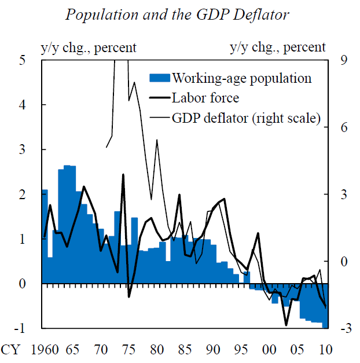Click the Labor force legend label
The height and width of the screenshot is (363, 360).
pyautogui.click(x=205, y=98)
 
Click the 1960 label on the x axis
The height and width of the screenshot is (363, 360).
pyautogui.click(x=45, y=350)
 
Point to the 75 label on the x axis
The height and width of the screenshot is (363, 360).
pyautogui.click(x=128, y=350)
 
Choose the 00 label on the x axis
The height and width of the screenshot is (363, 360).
pyautogui.click(x=269, y=350)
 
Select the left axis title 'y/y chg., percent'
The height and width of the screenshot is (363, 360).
pyautogui.click(x=87, y=47)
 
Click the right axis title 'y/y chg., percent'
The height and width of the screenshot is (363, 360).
pyautogui.click(x=278, y=47)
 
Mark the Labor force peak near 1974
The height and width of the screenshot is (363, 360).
pyautogui.click(x=123, y=174)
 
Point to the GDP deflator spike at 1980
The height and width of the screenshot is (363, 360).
pyautogui.click(x=156, y=140)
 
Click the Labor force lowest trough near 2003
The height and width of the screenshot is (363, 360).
pyautogui.click(x=286, y=325)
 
